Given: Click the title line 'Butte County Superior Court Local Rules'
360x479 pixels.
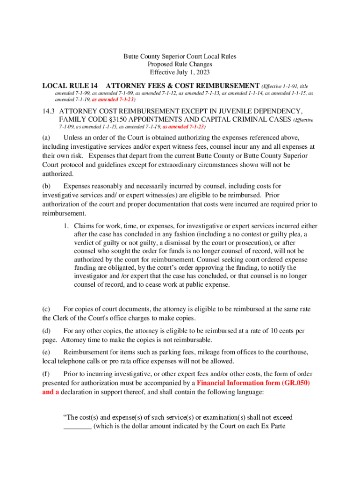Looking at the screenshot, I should pos(180,57).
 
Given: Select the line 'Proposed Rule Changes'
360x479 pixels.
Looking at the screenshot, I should pos(180,65).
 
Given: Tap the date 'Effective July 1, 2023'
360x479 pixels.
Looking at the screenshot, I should pos(180,73).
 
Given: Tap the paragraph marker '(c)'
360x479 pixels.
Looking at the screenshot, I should pos(46,309).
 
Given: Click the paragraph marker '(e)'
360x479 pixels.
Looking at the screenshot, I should pos(46,352).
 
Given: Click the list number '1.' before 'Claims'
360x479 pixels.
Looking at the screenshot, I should pos(67,226).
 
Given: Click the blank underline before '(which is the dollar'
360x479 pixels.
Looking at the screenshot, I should pos(78,427).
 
